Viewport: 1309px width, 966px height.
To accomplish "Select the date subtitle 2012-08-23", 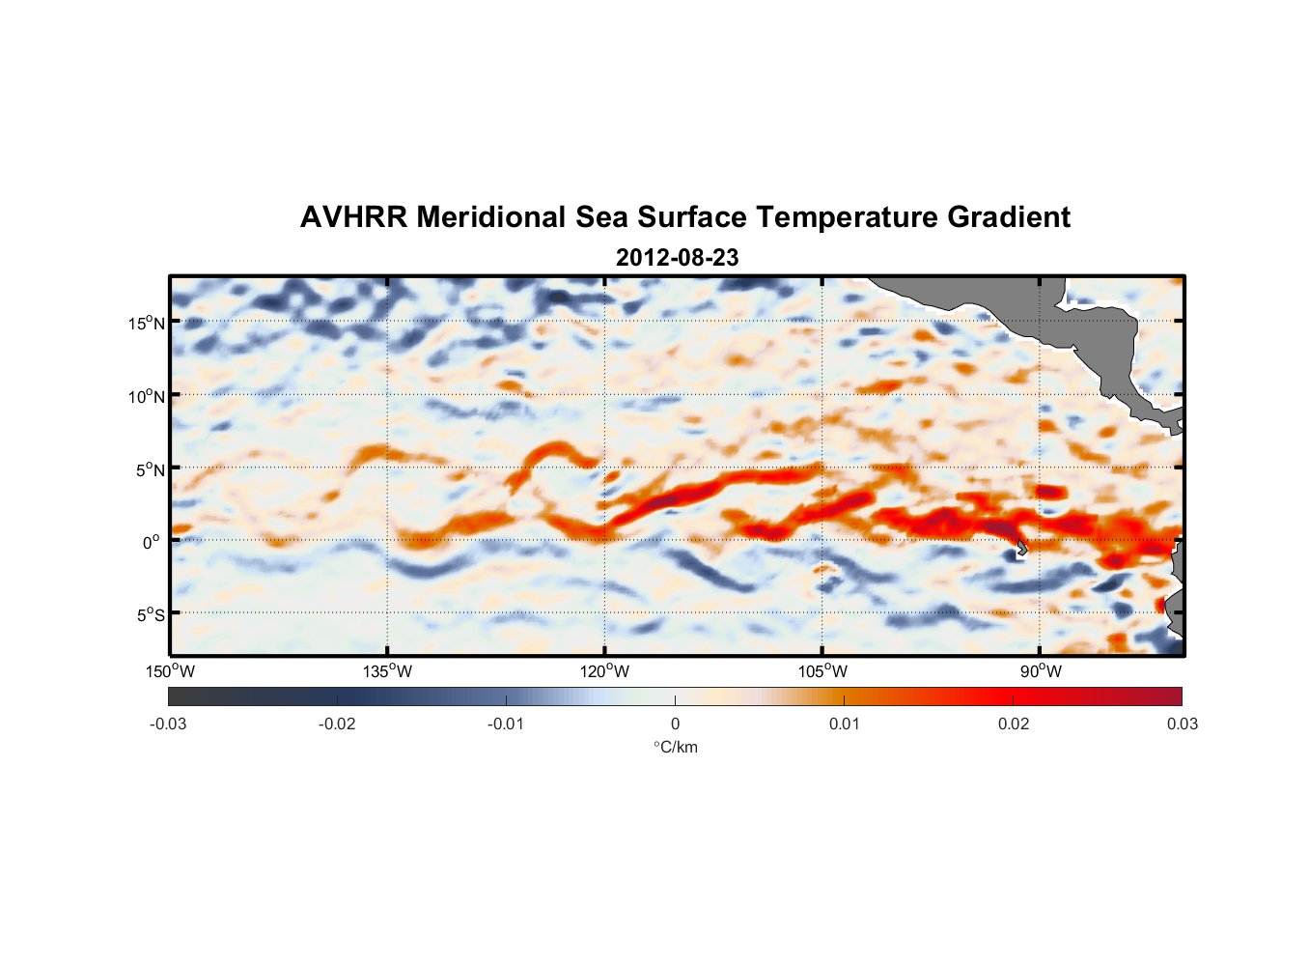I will click(x=677, y=258).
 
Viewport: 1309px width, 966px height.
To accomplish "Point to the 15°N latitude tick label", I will click(x=146, y=323).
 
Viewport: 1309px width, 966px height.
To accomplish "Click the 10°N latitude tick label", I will click(x=146, y=396).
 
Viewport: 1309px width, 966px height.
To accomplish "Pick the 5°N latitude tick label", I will click(x=150, y=469).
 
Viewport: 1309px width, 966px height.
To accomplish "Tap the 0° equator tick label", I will click(x=152, y=542).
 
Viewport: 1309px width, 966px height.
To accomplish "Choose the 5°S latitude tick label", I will click(x=150, y=614).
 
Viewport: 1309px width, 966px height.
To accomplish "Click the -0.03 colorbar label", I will click(x=168, y=724).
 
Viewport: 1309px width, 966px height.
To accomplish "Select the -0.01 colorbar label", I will click(x=506, y=724).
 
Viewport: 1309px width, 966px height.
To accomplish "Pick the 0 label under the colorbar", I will click(x=675, y=724).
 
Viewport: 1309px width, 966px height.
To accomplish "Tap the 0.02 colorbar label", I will click(x=1014, y=724).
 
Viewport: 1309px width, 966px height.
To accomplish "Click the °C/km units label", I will click(x=676, y=748).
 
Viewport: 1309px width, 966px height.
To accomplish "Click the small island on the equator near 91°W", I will click(x=1021, y=548).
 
